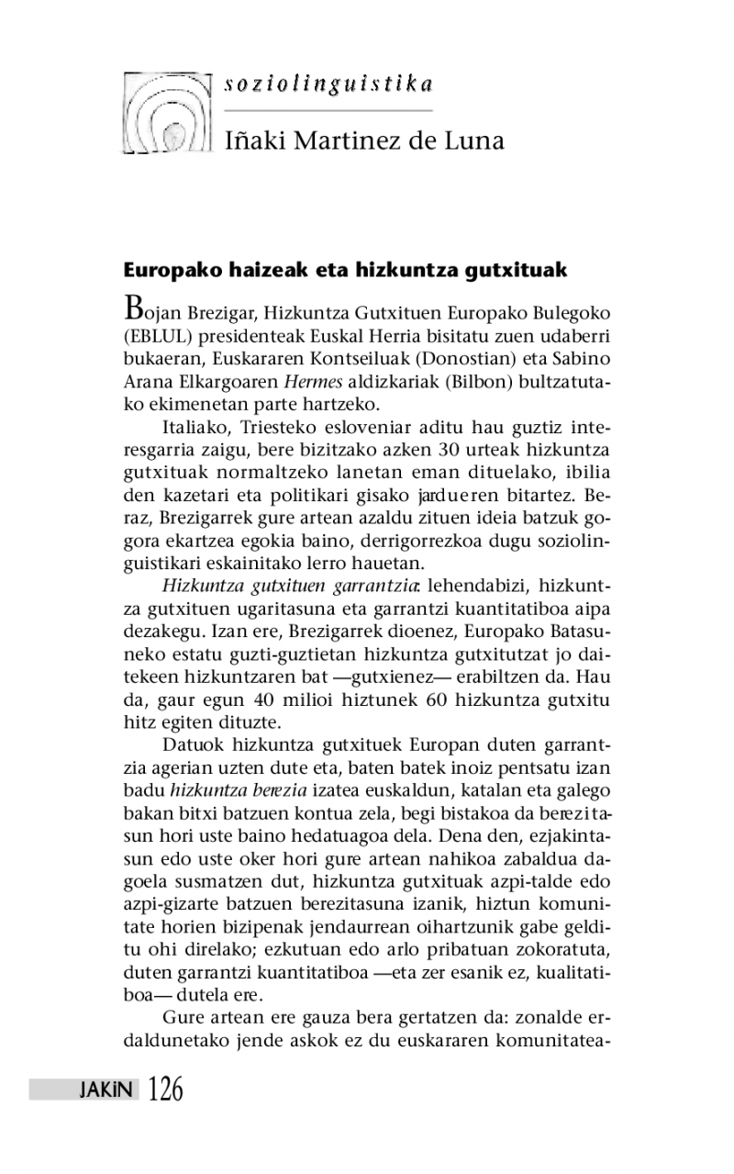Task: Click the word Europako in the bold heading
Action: tap(168, 271)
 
